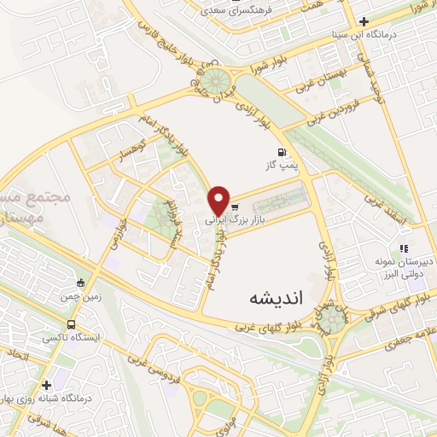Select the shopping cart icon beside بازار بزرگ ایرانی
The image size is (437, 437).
(x=234, y=207)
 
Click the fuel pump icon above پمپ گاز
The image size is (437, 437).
(x=281, y=154)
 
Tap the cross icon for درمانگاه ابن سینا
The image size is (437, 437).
(x=364, y=22)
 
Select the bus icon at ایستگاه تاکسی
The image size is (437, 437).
(x=72, y=325)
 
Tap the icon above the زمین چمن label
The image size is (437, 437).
(x=81, y=283)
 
